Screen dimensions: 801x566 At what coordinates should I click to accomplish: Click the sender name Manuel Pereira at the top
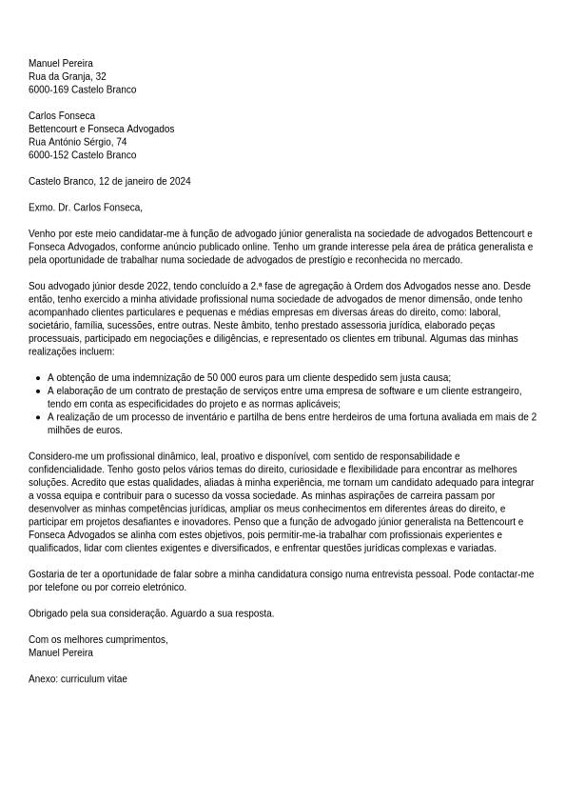pos(61,64)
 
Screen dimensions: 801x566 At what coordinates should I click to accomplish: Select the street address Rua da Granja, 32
pos(68,77)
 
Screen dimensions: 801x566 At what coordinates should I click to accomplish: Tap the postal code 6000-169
pos(49,90)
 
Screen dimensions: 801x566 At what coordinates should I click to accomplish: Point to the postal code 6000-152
pos(49,155)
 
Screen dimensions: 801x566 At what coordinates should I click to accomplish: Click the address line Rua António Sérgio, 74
pos(78,142)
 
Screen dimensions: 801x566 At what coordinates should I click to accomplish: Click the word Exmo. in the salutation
pos(41,208)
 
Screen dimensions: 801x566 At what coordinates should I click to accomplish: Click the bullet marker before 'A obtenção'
pos(37,378)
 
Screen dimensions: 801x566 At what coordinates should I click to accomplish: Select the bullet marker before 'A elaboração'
pos(37,391)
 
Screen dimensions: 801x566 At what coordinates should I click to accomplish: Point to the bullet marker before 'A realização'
pos(37,417)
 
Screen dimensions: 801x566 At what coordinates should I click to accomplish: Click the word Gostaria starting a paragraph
pos(48,574)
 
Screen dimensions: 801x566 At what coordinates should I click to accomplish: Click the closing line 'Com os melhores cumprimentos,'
pos(98,640)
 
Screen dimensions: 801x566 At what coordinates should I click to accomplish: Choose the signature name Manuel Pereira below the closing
pos(61,653)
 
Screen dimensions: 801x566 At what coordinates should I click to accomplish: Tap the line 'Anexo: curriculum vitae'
pos(78,679)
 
